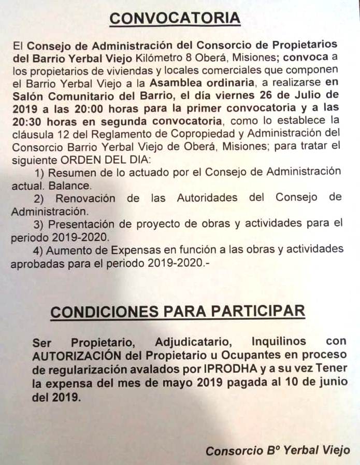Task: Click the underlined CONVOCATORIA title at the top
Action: click(x=175, y=18)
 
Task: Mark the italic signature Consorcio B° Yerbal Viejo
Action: click(x=277, y=451)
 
